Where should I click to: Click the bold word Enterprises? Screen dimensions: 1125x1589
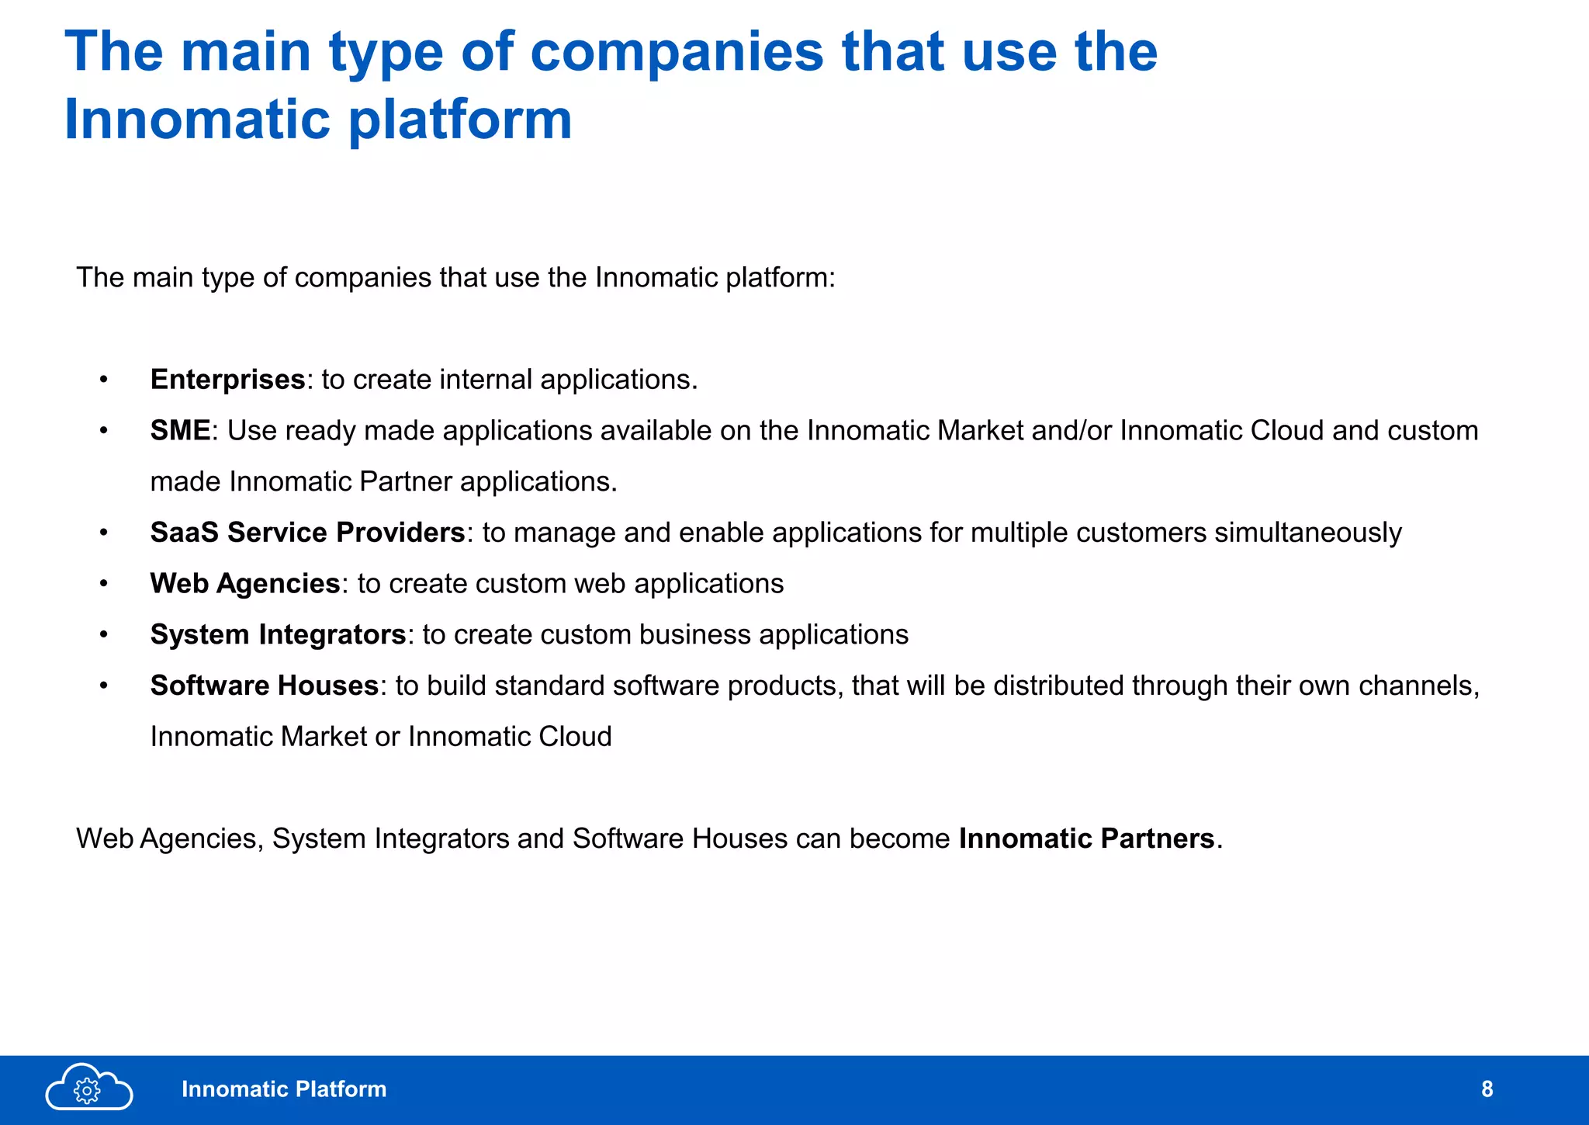[227, 380]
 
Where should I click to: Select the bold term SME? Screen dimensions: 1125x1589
[180, 431]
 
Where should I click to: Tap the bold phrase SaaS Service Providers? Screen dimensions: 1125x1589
[307, 533]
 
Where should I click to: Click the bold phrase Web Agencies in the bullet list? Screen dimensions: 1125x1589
[245, 584]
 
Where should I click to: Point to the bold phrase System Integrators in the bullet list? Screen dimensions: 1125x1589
[278, 635]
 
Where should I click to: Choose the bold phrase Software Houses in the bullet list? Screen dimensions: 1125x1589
[264, 686]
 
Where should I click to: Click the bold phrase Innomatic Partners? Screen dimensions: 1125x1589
[1086, 839]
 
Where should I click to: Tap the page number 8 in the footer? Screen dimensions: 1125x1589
[1487, 1089]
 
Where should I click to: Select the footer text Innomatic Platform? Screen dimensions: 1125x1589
[284, 1089]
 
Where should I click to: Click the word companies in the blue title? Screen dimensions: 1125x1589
[677, 52]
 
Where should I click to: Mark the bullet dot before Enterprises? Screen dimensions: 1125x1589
[103, 380]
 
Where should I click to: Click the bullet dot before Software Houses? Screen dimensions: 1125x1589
[103, 686]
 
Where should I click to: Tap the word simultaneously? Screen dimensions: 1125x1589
[1308, 533]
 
